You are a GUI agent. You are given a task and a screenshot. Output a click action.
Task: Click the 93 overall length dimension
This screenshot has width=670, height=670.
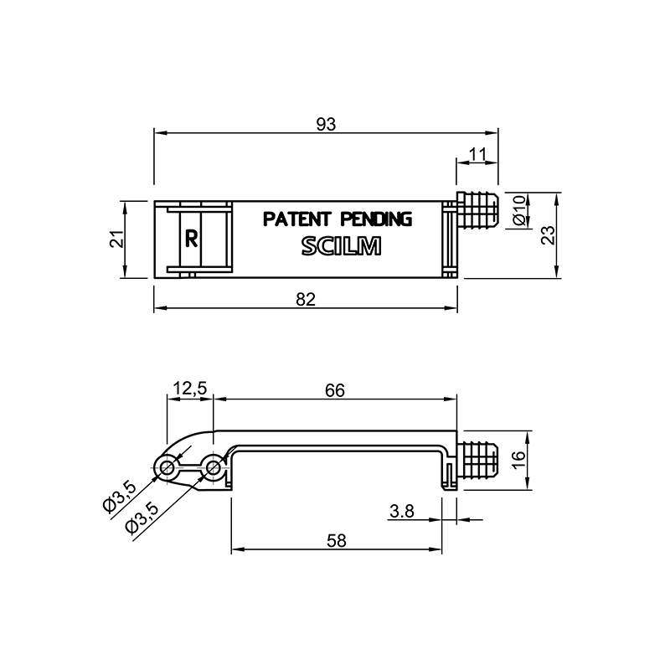tap(326, 124)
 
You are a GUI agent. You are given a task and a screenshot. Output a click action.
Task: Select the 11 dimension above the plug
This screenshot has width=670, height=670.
tap(477, 154)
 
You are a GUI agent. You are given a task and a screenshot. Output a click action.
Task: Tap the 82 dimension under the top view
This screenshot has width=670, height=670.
tap(306, 300)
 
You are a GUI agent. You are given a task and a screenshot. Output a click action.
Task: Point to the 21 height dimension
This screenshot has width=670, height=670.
tap(117, 239)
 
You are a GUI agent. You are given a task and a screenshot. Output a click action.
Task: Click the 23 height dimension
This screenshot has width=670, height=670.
tap(549, 234)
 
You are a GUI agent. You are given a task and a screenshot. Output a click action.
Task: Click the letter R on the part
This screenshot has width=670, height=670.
tap(191, 239)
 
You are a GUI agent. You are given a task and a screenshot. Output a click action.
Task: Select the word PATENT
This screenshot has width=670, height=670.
tap(296, 219)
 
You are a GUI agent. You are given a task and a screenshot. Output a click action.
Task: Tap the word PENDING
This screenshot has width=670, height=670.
tap(376, 219)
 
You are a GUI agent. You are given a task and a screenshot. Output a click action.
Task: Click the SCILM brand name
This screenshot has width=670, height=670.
tap(341, 246)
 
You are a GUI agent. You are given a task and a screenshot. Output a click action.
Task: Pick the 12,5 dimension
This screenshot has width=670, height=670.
tap(190, 389)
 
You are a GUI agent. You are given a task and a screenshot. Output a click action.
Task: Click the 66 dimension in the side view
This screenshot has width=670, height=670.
tap(334, 390)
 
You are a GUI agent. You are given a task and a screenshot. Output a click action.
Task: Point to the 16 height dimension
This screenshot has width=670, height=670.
tap(518, 460)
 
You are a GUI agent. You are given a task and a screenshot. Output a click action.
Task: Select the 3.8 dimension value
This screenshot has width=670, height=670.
tap(402, 511)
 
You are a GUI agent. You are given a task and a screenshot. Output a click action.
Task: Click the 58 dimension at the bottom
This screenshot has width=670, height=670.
tap(337, 541)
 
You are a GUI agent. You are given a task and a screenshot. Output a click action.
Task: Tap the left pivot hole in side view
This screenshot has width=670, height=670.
tap(167, 468)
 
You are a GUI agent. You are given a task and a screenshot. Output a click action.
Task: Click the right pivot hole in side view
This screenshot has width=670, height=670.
tap(213, 468)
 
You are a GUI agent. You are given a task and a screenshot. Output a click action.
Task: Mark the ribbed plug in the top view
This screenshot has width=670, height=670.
tap(477, 210)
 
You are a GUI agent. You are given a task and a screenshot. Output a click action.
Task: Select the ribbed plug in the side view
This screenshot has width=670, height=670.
tap(477, 460)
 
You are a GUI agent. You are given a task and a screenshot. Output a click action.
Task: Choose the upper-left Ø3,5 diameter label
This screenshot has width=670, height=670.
tap(119, 496)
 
